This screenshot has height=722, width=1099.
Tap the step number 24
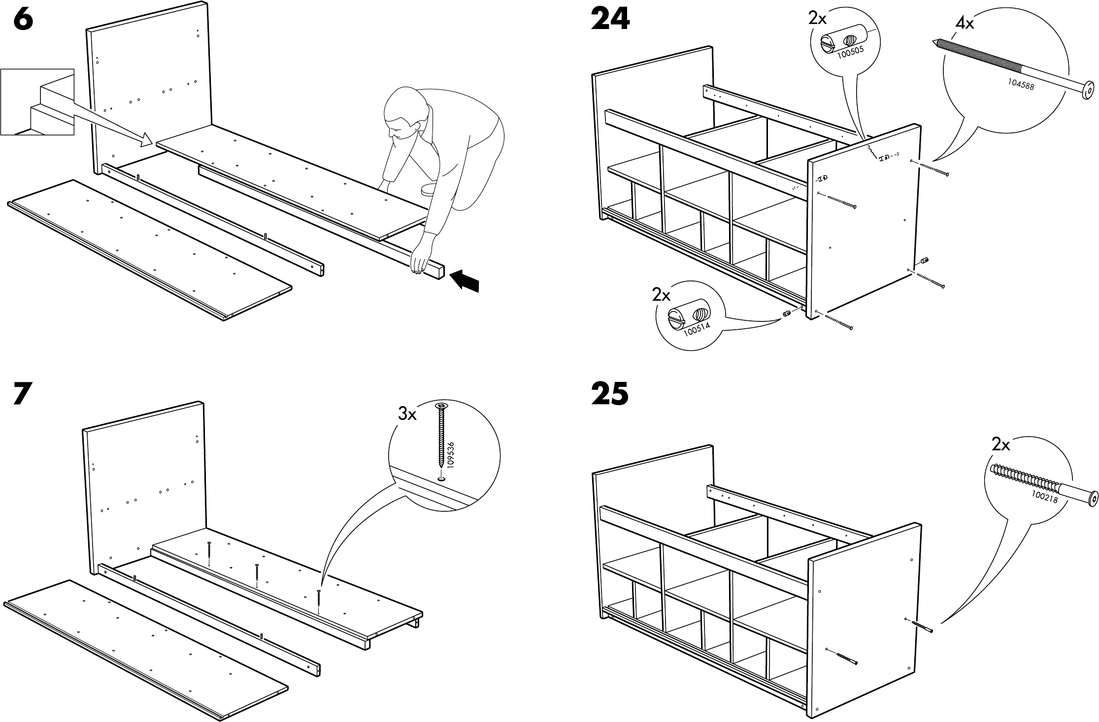pos(610,20)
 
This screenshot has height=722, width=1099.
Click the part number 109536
pos(451,454)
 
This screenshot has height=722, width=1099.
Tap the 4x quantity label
pos(965,23)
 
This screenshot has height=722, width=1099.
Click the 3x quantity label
pos(407,414)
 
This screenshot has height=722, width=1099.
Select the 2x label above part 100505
pos(817,19)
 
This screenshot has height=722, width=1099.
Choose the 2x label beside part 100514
pos(661,295)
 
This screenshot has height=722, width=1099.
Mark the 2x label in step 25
pos(1000,445)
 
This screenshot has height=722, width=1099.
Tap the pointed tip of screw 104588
pos(934,42)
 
